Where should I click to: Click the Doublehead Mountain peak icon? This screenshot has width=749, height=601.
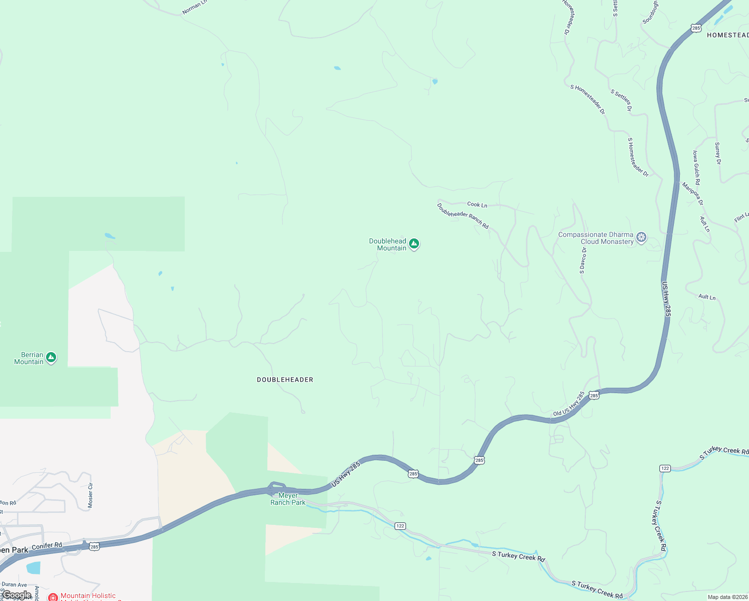(x=414, y=244)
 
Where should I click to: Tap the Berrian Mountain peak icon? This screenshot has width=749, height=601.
(x=51, y=358)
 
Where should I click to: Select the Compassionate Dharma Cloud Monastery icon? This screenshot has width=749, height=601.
(x=641, y=237)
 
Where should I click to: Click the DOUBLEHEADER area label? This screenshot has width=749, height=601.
(x=285, y=380)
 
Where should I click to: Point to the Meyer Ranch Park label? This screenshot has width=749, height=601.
(x=288, y=499)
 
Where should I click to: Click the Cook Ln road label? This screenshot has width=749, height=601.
(x=477, y=204)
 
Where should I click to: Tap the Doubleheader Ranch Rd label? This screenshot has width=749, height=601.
(x=462, y=216)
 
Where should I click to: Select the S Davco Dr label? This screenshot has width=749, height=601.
(x=583, y=260)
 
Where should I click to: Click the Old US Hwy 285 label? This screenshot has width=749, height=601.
(x=569, y=404)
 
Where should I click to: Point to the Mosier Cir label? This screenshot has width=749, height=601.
(x=91, y=495)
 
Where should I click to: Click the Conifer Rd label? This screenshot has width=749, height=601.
(x=47, y=545)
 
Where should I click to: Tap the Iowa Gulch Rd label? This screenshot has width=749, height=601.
(x=696, y=167)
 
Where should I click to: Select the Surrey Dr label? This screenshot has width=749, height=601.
(x=717, y=153)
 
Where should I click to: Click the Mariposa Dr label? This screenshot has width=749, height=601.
(x=693, y=194)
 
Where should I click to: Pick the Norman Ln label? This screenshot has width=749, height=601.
(x=194, y=7)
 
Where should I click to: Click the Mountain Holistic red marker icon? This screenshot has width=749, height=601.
(x=53, y=597)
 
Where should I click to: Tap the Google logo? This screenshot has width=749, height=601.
(x=17, y=595)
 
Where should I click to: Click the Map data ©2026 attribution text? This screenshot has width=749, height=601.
(x=727, y=597)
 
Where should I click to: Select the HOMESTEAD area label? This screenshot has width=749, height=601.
(x=727, y=35)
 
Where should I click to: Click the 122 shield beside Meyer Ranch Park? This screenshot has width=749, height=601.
(x=400, y=526)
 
